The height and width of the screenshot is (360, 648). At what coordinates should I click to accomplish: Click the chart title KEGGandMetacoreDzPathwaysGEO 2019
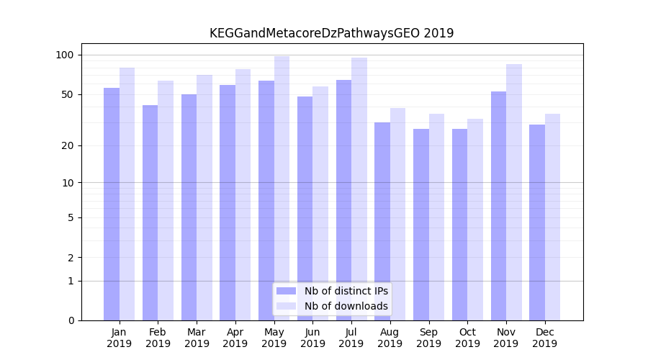coord(331,33)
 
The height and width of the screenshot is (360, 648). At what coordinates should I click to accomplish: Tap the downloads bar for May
coord(282,188)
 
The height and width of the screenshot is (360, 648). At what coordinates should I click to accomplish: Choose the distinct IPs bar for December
coord(537,222)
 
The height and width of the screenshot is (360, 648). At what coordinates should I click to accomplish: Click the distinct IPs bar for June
coord(305,208)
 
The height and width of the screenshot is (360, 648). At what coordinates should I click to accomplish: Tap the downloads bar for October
coord(475,220)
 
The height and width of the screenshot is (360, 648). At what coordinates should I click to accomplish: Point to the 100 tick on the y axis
coord(65,55)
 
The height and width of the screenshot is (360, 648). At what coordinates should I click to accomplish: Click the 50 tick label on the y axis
coord(68,94)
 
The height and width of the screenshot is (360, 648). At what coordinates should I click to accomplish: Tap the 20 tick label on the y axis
coord(68,145)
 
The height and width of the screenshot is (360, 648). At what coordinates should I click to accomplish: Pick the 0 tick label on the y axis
coord(71,320)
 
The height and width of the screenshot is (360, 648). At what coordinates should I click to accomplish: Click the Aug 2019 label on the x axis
coord(390,338)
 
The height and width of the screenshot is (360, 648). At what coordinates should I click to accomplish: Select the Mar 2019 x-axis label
coord(197,338)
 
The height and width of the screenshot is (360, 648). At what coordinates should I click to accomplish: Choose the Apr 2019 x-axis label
coord(235,338)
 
